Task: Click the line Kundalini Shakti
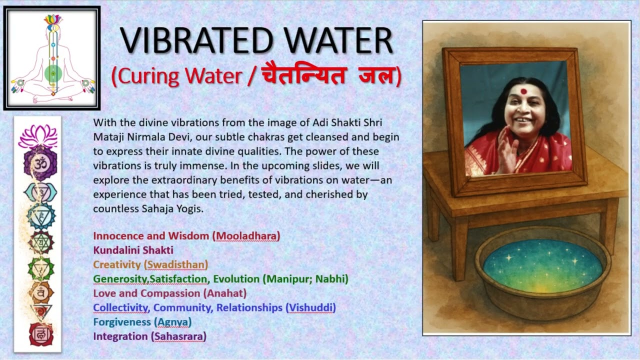[133, 250]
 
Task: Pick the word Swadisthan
[176, 264]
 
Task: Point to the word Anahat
[225, 293]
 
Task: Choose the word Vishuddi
[310, 307]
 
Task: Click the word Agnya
[172, 322]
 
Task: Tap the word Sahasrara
[178, 336]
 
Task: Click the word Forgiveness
[121, 322]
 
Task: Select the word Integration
[120, 336]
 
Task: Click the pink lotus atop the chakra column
[38, 136]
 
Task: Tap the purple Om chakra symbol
[39, 163]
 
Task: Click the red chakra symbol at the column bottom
[40, 333]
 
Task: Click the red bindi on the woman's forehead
[523, 91]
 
